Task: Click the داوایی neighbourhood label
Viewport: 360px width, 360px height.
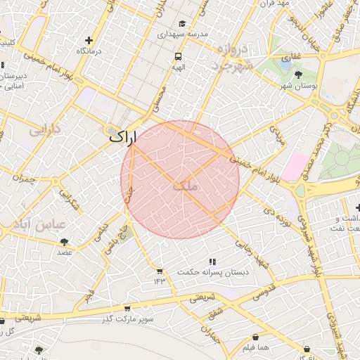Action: click(45, 129)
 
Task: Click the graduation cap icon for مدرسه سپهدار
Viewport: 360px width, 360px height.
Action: click(182, 22)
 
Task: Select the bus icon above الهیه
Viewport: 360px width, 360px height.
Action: click(178, 56)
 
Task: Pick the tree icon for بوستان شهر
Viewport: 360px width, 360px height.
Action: click(300, 73)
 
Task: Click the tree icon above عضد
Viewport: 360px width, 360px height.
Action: click(64, 241)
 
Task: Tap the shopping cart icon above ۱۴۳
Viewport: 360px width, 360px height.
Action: click(160, 271)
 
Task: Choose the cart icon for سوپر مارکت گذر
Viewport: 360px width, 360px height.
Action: click(127, 308)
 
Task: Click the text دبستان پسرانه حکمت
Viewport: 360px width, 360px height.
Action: click(212, 272)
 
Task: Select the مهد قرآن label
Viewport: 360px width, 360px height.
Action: click(274, 4)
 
